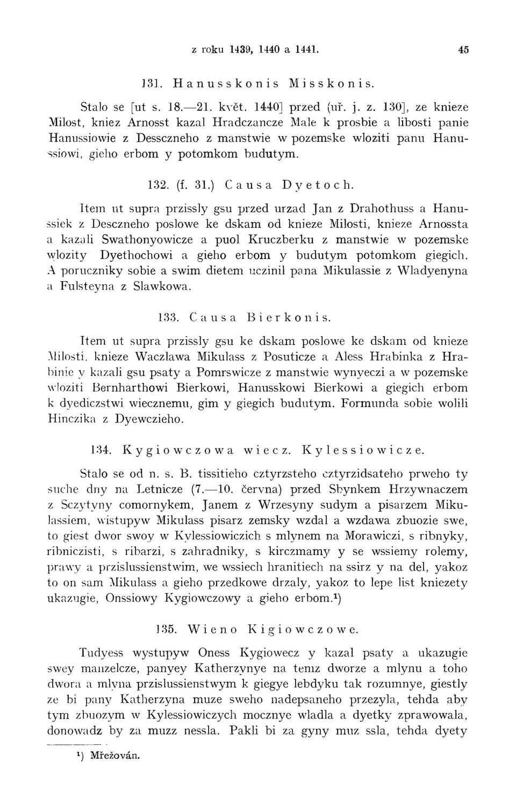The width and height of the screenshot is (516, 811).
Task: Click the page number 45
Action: (x=464, y=49)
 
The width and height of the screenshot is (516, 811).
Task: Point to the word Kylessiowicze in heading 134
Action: (x=363, y=450)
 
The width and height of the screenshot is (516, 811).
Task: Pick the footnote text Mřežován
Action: (x=114, y=755)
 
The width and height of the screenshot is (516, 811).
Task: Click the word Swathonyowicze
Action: (x=146, y=239)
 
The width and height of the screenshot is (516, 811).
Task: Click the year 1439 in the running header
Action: (x=241, y=49)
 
